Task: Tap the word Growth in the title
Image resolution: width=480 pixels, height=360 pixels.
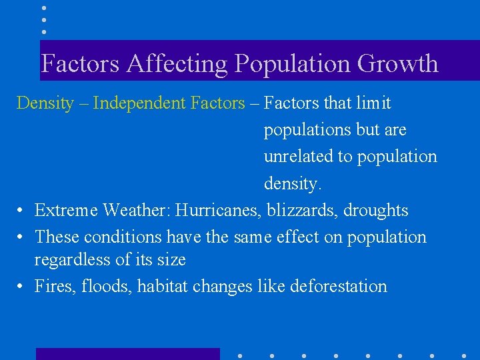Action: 398,64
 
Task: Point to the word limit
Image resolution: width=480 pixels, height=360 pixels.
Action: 374,103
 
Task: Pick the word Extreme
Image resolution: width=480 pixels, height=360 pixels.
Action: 66,211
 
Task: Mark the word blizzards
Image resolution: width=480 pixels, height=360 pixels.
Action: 302,211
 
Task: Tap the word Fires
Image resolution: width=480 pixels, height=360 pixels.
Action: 54,287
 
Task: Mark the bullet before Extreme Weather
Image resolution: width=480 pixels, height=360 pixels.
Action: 22,211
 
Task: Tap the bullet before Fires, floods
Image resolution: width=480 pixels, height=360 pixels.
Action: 22,287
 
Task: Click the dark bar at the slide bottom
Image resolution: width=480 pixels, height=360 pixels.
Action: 127,354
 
